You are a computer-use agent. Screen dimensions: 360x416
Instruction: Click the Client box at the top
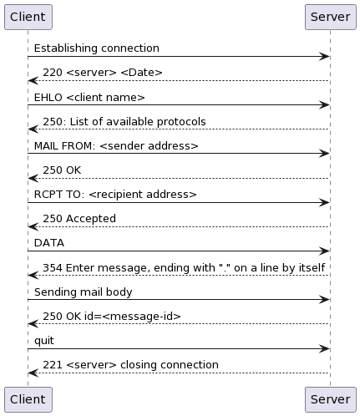tap(28, 17)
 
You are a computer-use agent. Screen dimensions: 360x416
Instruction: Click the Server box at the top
tap(331, 17)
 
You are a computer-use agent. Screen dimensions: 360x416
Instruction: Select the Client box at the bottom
tap(28, 399)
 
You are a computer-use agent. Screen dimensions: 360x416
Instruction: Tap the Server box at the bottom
tap(331, 399)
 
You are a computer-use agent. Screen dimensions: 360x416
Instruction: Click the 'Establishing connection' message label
tap(97, 48)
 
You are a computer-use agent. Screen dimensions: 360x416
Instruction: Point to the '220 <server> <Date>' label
tap(103, 73)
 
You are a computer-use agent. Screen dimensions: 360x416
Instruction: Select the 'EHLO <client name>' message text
tap(89, 98)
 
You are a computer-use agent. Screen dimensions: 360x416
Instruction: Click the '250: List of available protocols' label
tap(124, 122)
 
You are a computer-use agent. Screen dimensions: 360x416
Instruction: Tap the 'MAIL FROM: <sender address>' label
tap(116, 146)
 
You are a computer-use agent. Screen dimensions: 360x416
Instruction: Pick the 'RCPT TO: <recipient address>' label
tap(115, 195)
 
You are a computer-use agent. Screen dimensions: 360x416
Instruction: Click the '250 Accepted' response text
tap(79, 219)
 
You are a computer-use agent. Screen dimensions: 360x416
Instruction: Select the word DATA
tap(49, 243)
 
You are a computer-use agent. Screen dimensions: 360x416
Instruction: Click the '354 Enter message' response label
tap(184, 268)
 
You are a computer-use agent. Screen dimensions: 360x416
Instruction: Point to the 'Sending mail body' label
tap(84, 292)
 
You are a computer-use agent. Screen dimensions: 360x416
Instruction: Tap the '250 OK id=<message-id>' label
tap(112, 317)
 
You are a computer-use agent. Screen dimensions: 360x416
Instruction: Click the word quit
tap(44, 341)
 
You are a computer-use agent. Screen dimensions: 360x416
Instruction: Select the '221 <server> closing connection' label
tap(130, 365)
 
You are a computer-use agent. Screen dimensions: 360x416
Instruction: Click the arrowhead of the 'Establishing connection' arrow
tap(326, 57)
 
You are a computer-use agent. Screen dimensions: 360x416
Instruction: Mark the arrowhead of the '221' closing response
tap(33, 373)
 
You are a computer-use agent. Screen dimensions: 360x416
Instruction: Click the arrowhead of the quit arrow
tap(326, 348)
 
